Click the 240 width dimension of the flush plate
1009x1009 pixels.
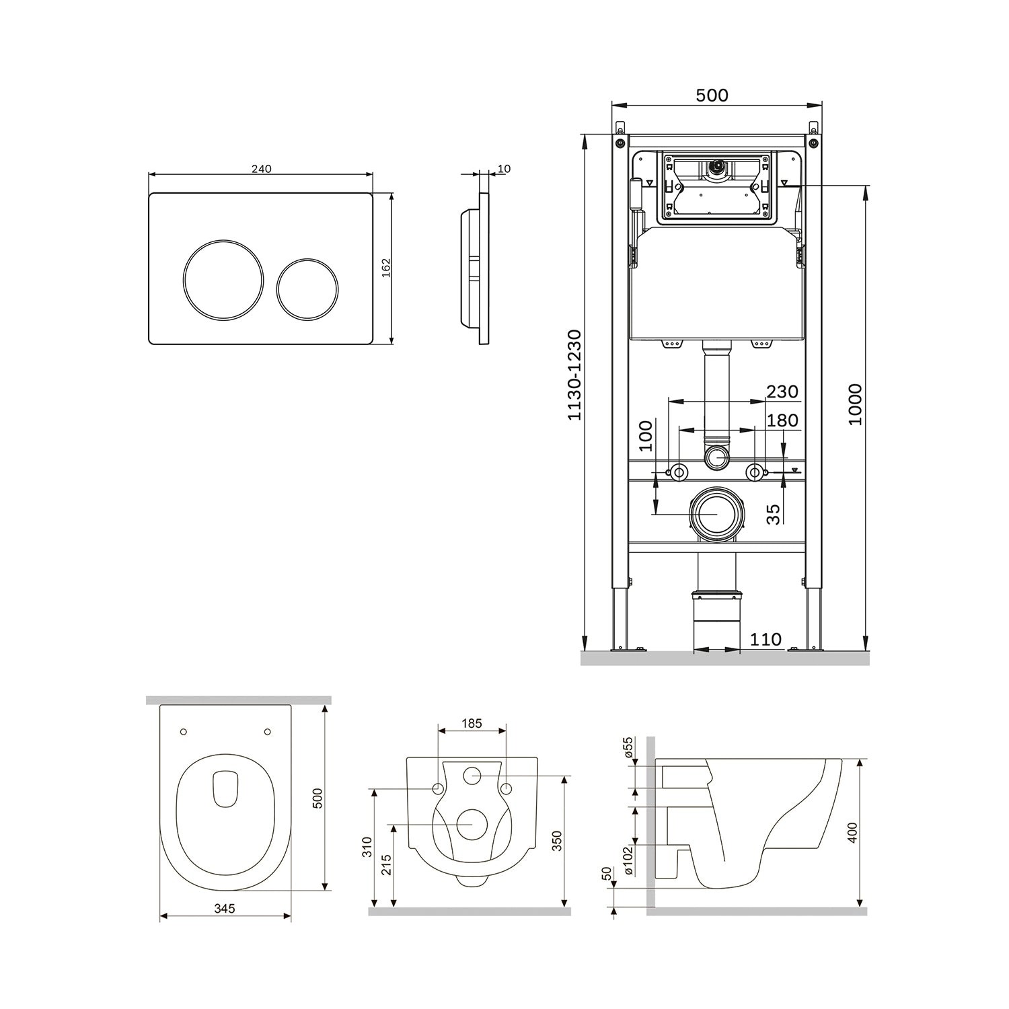[261, 169]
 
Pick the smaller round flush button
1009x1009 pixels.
[307, 288]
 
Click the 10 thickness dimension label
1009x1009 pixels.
[504, 169]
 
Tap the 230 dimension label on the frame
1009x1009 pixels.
[782, 391]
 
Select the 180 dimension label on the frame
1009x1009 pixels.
[782, 420]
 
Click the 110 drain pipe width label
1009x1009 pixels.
[766, 639]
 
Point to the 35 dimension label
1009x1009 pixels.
[774, 515]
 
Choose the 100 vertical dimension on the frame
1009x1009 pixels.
[646, 436]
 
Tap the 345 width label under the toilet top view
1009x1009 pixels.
[225, 908]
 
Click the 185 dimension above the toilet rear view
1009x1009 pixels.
[472, 724]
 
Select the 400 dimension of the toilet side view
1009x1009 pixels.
[854, 833]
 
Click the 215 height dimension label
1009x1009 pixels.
[386, 864]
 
